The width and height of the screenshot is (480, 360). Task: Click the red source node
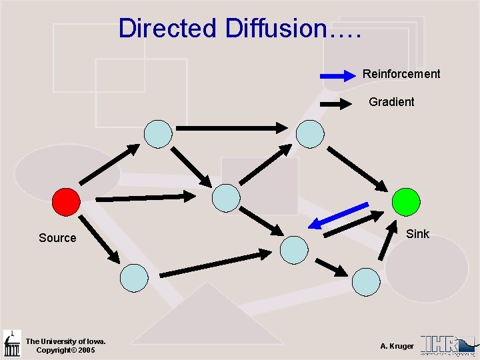[66, 201]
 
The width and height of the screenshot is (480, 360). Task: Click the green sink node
[406, 201]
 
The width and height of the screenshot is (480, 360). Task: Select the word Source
[57, 238]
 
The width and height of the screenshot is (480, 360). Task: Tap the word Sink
[418, 234]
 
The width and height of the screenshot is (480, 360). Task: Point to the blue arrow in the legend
[341, 76]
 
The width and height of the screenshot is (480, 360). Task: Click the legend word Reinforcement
[401, 74]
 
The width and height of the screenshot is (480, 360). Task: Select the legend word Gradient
[391, 102]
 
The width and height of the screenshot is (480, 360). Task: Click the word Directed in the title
[167, 29]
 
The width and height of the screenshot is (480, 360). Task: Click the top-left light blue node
[159, 133]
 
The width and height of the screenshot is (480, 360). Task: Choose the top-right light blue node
[310, 133]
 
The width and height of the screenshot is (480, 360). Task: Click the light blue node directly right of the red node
[225, 198]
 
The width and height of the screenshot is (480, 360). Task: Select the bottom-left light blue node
[135, 277]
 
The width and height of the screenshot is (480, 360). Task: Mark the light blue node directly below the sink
[365, 281]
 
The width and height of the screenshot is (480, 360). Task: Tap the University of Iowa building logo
[12, 343]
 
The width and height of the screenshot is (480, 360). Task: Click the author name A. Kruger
[397, 346]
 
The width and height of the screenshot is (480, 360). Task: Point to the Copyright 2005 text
[65, 350]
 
